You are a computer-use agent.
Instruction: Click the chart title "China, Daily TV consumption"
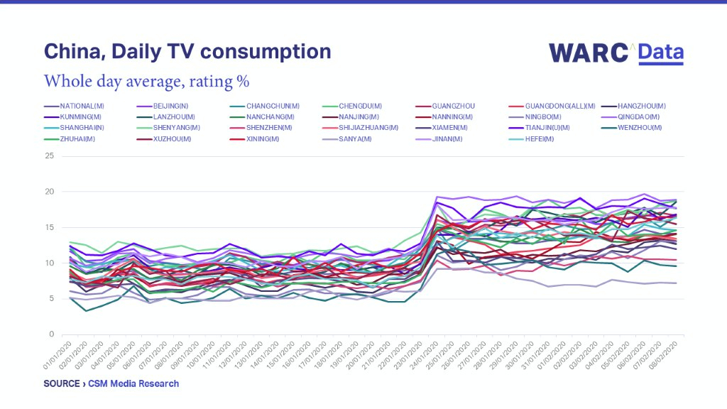(x=187, y=52)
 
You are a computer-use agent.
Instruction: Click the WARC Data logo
(x=616, y=53)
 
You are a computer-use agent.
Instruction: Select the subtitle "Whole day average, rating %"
(x=146, y=81)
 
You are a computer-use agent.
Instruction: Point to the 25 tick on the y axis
(x=50, y=156)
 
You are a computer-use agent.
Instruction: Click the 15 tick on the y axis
(x=50, y=227)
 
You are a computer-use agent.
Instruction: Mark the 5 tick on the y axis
(x=52, y=298)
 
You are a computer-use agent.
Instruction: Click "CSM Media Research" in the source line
(x=136, y=383)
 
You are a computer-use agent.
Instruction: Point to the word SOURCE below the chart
(x=61, y=383)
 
